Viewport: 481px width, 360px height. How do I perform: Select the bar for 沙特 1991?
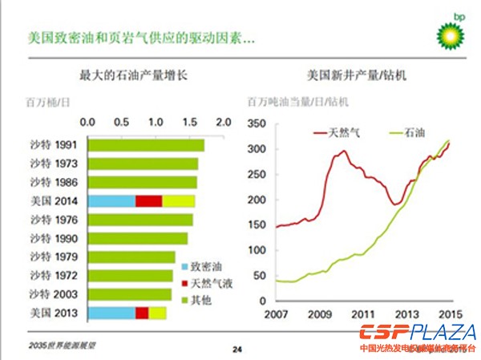145,146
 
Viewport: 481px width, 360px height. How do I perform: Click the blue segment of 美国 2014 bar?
111,200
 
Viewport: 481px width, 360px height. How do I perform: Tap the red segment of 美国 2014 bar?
148,200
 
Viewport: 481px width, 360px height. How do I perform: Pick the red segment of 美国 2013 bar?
142,312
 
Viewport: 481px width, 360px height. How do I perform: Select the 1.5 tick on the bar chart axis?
189,123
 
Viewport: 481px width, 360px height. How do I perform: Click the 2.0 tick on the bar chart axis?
223,123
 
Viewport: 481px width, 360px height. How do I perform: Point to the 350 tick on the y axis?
257,124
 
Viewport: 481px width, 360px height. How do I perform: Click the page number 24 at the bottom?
237,349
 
